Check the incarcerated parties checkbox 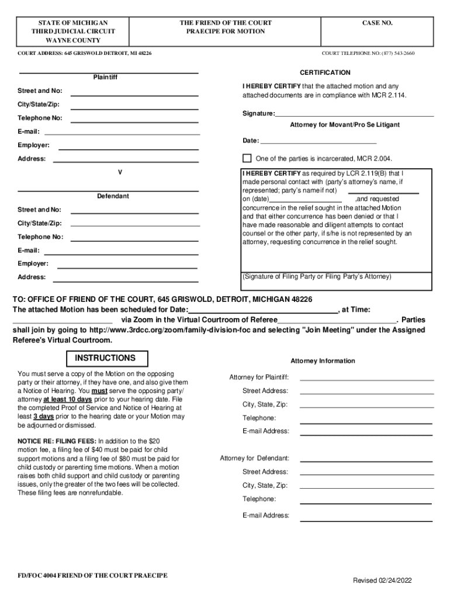[x=247, y=158]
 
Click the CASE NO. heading [x=378, y=23]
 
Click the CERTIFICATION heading [x=325, y=73]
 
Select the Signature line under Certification [x=354, y=114]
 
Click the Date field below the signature [x=319, y=141]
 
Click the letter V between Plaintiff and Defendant [x=120, y=172]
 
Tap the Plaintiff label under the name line [x=105, y=77]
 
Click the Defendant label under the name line [x=113, y=196]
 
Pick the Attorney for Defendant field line [x=366, y=459]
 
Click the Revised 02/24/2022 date [x=382, y=580]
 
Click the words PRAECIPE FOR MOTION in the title [x=225, y=32]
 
